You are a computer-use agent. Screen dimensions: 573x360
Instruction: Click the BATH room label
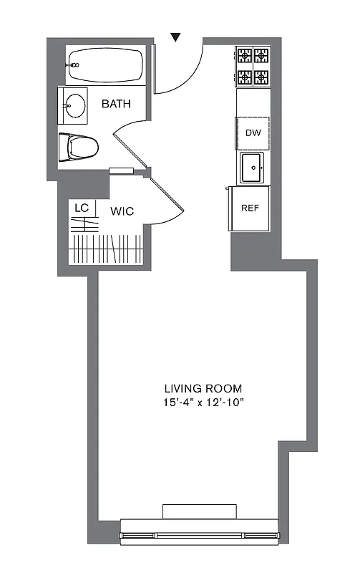[x=116, y=104]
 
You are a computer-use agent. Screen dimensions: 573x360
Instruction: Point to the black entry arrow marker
[x=176, y=37]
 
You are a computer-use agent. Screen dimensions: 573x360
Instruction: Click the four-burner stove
[x=253, y=65]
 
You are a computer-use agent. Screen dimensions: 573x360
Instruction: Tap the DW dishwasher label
[x=253, y=133]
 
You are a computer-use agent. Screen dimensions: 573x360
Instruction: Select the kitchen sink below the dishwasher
[x=253, y=168]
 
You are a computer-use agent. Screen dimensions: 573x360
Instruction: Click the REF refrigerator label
[x=250, y=208]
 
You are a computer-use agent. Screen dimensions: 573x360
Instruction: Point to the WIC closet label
[x=122, y=211]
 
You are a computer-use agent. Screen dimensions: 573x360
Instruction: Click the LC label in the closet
[x=82, y=208]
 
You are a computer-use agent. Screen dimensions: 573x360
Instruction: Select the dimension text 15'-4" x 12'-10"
[x=203, y=403]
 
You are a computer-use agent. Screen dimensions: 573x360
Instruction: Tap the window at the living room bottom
[x=199, y=533]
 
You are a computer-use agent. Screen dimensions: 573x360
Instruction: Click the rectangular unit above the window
[x=199, y=511]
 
